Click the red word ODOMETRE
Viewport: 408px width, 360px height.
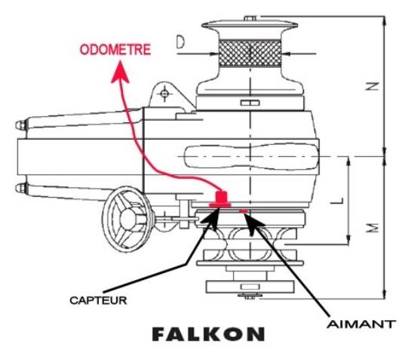115,50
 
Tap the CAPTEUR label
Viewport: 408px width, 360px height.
98,300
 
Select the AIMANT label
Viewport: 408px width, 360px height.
361,325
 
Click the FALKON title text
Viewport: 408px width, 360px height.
208,334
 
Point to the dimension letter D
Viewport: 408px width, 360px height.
180,42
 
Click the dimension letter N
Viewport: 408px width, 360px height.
372,86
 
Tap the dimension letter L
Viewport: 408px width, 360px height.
338,201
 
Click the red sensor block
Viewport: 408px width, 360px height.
220,200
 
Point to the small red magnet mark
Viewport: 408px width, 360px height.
244,211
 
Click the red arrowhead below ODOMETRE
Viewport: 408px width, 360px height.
120,72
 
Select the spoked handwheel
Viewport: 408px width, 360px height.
127,219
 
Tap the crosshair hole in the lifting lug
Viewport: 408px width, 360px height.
164,93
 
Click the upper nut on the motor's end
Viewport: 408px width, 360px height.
21,125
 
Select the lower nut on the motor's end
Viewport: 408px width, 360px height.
21,188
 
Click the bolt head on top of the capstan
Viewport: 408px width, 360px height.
250,18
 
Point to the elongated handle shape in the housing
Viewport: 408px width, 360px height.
251,157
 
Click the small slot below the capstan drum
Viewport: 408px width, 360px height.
250,103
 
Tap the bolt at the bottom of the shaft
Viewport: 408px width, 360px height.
250,296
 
